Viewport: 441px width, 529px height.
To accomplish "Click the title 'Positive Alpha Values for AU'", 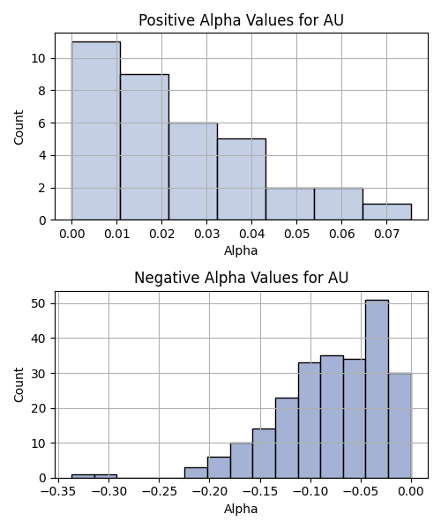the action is point(241,20).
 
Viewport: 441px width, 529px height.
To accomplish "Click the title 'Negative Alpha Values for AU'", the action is point(241,278).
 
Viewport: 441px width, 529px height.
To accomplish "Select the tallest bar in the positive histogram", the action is point(96,130).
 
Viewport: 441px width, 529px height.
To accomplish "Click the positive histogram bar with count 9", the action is point(145,147).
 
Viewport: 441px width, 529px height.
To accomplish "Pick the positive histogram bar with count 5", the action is point(242,179).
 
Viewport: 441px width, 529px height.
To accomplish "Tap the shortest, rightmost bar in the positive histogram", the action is point(387,212).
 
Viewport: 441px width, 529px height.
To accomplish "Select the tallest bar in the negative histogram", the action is point(377,389).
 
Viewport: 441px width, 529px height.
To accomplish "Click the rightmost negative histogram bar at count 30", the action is point(400,426).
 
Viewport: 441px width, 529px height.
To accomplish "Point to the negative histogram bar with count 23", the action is point(287,438).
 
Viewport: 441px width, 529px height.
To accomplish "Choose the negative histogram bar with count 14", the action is point(264,453).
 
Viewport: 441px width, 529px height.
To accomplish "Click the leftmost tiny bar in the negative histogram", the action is point(83,476).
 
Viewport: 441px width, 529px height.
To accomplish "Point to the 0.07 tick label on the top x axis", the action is point(386,234).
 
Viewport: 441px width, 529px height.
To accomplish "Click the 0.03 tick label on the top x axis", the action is point(207,234).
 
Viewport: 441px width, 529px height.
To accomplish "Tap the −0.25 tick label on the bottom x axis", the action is point(160,492).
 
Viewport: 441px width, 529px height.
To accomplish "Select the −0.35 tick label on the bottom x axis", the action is point(58,492).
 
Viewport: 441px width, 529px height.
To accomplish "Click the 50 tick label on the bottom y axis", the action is point(38,303).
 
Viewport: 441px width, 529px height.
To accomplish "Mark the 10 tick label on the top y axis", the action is point(38,58).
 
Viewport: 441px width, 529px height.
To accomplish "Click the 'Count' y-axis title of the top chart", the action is point(19,127).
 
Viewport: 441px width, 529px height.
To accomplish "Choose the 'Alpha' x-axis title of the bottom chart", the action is point(241,509).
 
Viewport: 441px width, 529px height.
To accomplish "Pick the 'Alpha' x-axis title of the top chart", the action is point(241,250).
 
